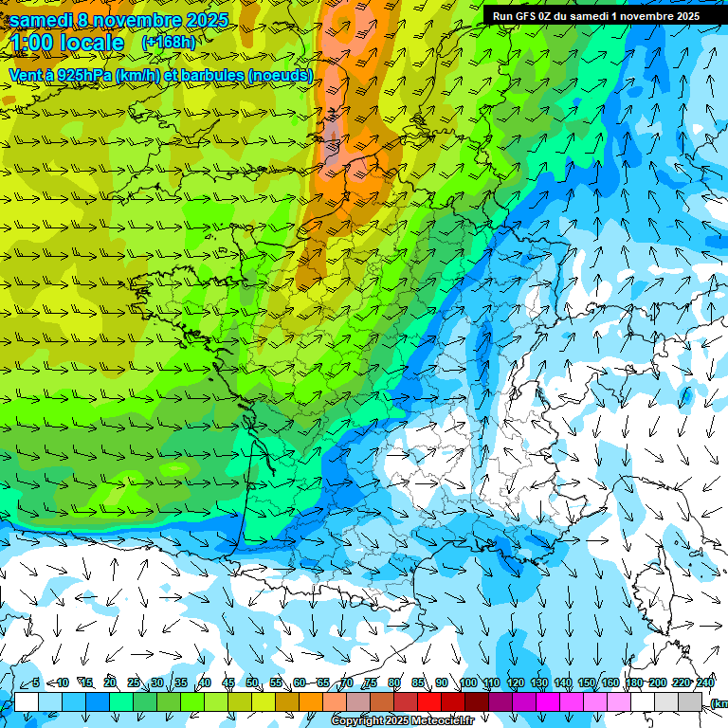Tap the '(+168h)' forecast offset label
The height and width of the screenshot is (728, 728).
tap(168, 43)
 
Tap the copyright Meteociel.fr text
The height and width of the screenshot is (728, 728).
tap(402, 721)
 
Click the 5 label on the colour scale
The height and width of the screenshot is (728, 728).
tap(36, 683)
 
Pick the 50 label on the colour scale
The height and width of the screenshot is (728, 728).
tap(252, 683)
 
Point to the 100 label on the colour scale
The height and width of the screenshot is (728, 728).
tap(468, 683)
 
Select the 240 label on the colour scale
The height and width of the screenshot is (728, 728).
tap(705, 683)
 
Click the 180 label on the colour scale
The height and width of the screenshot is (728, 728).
tap(634, 683)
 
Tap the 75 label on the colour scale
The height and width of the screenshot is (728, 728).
tap(371, 683)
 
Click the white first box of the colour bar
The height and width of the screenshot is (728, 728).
tap(27, 701)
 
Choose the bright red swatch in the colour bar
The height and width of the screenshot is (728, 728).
tap(429, 701)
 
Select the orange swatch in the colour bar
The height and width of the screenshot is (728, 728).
tap(311, 701)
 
